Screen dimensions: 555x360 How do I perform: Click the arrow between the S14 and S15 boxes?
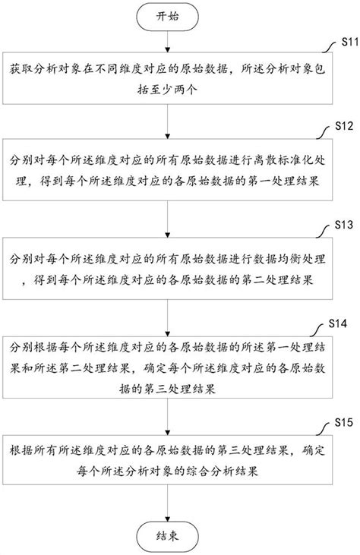169,418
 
